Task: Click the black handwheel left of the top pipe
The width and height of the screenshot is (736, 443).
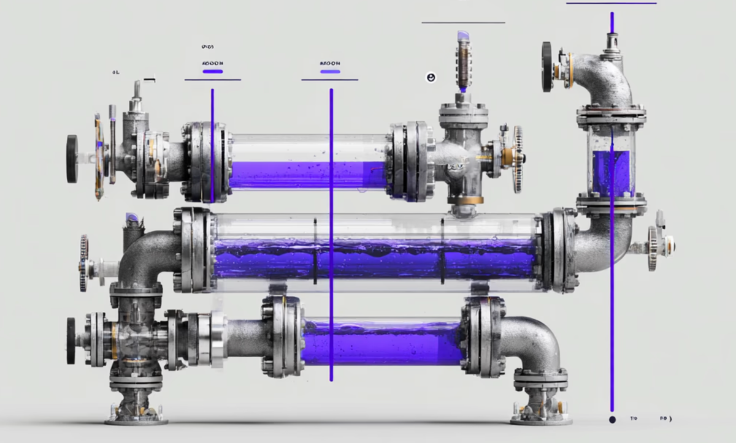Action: [x=72, y=159]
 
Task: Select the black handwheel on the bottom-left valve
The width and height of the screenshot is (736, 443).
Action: [x=71, y=341]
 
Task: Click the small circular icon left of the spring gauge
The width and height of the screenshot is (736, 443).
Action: [x=431, y=77]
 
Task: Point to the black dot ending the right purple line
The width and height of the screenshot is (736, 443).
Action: [x=611, y=420]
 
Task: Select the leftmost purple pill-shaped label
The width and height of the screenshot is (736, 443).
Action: [x=212, y=72]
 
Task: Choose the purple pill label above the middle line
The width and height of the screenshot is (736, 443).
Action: [x=330, y=72]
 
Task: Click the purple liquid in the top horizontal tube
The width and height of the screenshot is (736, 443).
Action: [x=307, y=174]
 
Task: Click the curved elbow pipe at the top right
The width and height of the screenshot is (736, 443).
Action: [x=604, y=77]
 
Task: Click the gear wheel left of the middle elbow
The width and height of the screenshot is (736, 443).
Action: [x=83, y=263]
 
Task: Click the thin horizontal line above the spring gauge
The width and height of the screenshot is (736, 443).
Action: [x=463, y=23]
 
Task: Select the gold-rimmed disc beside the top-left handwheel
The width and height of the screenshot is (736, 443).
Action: [x=99, y=156]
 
